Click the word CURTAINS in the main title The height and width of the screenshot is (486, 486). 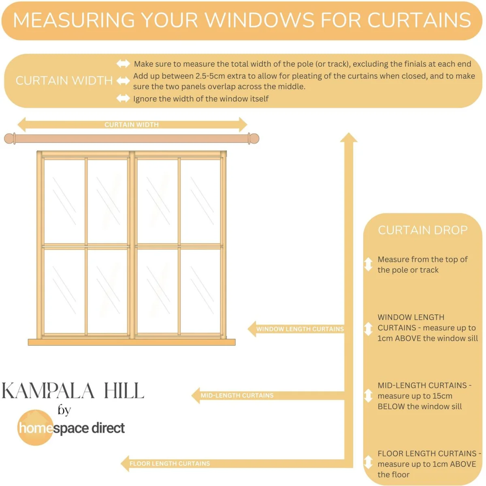pos(419,20)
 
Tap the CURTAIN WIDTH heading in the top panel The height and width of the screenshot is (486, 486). pos(64,81)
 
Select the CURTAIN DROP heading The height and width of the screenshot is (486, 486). pos(423,230)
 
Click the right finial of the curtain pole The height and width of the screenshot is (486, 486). pos(254,139)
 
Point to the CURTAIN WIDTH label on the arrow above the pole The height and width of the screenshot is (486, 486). pos(131,125)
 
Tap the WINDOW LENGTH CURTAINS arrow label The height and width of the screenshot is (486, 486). pos(300,329)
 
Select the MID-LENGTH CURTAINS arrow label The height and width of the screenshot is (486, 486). pos(237,395)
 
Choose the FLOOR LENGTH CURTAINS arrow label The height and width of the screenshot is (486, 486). pos(169,464)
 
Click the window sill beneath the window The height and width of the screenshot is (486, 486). pos(131,342)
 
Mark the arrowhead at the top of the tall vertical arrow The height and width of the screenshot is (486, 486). pos(349,137)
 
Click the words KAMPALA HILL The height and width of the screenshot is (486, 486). pos(73,391)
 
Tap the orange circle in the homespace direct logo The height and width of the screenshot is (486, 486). pos(35,428)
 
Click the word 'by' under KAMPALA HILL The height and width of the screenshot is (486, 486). pos(64,411)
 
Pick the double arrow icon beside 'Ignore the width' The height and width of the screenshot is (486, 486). pos(124,98)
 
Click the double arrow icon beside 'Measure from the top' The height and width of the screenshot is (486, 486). pos(368,264)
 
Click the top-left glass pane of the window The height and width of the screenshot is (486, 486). pos(64,202)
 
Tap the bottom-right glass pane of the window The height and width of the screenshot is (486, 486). pos(200,291)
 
